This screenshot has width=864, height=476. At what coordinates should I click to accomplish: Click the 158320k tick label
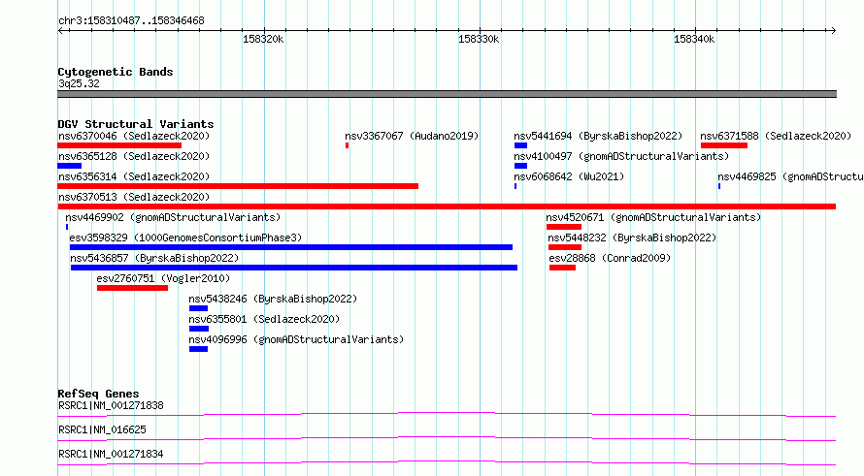coord(263,39)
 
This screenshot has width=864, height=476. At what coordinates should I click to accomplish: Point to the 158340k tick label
coord(694,39)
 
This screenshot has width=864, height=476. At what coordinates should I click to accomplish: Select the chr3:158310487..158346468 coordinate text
coord(131,20)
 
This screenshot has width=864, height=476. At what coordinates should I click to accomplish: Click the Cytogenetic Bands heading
coord(116,72)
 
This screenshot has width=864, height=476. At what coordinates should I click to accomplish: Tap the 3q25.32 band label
coord(79,83)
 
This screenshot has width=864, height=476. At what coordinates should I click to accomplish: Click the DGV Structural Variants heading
coord(136,124)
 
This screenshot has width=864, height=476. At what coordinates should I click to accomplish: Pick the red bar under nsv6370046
coord(119,145)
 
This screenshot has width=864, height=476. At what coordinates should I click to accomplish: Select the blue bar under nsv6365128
coord(70,166)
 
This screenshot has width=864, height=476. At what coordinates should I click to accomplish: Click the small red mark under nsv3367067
coord(348,145)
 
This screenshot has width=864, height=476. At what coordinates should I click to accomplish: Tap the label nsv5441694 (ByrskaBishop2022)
coord(598,136)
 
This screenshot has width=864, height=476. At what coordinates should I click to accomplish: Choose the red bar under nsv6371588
coord(724,145)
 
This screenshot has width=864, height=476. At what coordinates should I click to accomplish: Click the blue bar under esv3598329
coord(291,247)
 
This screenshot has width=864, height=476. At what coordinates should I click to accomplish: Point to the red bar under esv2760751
coord(132,288)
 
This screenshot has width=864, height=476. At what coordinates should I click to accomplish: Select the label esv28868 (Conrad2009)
coord(610,258)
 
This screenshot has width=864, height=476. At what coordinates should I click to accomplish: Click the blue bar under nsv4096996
coord(198,349)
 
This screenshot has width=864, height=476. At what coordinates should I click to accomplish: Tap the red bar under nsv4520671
coord(564,227)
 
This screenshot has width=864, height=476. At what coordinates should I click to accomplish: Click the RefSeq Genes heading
coord(98,394)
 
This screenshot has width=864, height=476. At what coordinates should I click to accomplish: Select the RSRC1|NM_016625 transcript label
coord(102,429)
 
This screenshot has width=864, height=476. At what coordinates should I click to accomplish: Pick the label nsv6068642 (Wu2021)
coord(569,176)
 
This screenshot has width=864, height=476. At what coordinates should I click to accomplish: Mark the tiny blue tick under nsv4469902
coord(67,227)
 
